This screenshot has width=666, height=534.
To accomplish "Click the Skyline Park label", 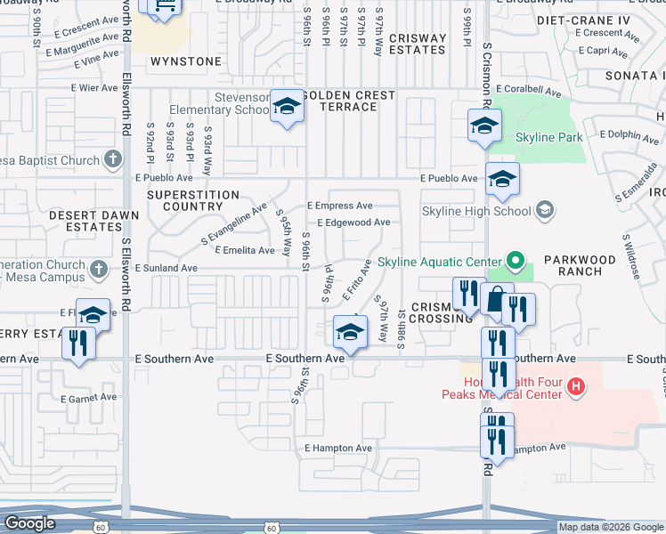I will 548,138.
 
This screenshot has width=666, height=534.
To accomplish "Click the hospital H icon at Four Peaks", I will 576,386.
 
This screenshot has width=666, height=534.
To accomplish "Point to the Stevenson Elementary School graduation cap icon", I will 287,108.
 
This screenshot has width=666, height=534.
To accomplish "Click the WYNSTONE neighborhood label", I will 185,61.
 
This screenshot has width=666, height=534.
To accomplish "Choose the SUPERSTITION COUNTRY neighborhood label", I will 193,200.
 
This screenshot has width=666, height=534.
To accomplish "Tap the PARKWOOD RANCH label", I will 580,265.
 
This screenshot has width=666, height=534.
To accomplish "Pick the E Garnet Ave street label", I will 86,397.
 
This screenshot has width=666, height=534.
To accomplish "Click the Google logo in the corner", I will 30,523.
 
